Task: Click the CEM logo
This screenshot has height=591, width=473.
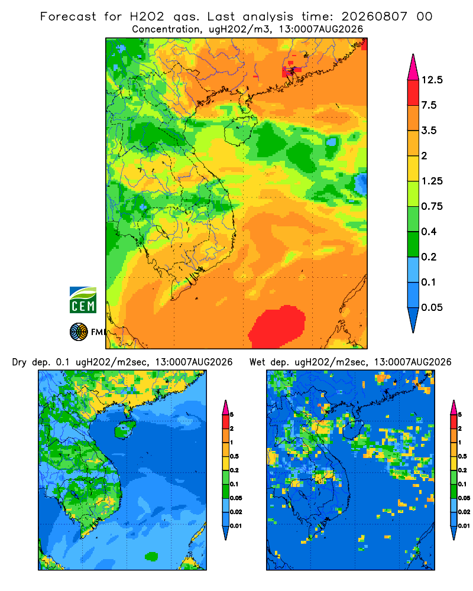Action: (x=83, y=300)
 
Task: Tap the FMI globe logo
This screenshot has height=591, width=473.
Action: (x=79, y=332)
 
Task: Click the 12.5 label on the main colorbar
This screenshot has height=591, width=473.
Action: (x=432, y=80)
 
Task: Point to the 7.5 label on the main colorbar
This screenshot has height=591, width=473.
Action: (x=429, y=105)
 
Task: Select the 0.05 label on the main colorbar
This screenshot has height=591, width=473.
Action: (x=432, y=307)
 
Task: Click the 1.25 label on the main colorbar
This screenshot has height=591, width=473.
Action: (x=432, y=181)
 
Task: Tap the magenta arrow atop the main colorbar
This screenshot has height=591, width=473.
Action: (x=413, y=67)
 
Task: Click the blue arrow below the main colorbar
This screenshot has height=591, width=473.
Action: (x=413, y=320)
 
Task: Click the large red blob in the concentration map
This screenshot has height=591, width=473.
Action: (x=277, y=326)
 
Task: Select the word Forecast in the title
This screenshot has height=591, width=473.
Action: (x=68, y=17)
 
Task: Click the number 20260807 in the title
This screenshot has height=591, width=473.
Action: (x=374, y=17)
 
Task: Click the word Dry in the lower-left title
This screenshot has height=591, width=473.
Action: (x=20, y=363)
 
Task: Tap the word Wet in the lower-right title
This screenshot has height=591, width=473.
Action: (x=258, y=362)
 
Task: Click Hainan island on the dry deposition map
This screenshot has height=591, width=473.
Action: (x=124, y=430)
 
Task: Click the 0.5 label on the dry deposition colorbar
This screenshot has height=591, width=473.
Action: (x=234, y=456)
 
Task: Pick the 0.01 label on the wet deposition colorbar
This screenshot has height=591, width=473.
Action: (x=464, y=526)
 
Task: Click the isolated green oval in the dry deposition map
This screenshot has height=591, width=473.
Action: (x=151, y=556)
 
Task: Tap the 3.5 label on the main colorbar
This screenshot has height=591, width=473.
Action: (x=429, y=131)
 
